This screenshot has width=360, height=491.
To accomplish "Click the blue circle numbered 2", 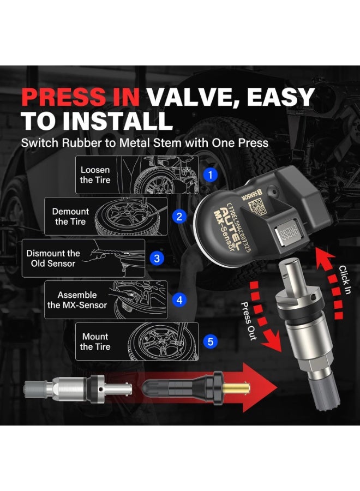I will click(179, 217).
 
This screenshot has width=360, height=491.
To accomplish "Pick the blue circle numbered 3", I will click(157, 258).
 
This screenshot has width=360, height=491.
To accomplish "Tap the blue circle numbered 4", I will click(179, 300).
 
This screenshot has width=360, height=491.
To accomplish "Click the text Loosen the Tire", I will click(95, 175).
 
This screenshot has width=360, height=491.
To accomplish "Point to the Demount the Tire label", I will click(70, 217).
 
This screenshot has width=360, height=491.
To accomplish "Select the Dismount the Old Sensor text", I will click(53, 258).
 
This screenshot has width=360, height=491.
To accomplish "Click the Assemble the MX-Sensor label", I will click(77, 300).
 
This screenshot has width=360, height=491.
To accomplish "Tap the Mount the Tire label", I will click(95, 342).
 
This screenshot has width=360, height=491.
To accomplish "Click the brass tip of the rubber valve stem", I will click(240, 389).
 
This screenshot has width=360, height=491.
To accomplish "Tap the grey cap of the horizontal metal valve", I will click(35, 389).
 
